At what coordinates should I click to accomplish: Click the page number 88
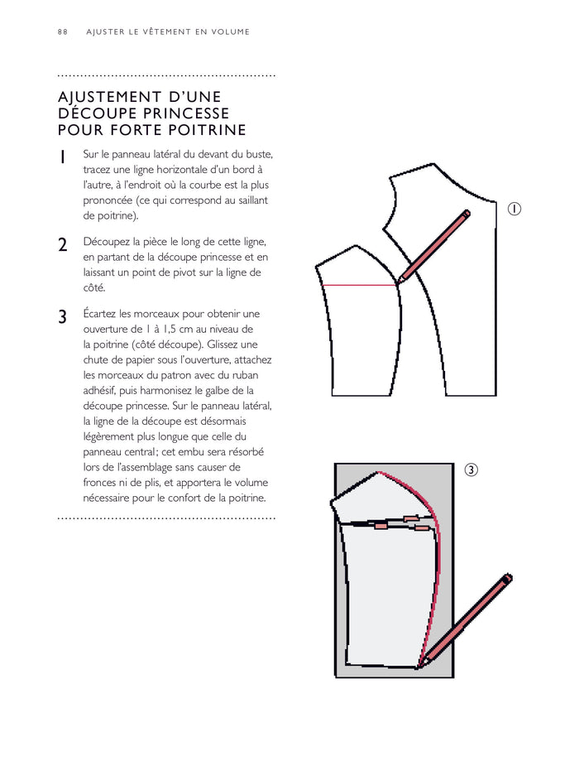pyautogui.click(x=62, y=32)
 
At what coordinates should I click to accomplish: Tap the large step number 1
pyautogui.click(x=62, y=157)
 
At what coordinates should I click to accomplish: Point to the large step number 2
pyautogui.click(x=62, y=245)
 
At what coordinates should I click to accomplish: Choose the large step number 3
pyautogui.click(x=62, y=317)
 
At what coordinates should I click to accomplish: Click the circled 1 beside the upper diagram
pyautogui.click(x=514, y=210)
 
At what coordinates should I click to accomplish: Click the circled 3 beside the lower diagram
pyautogui.click(x=471, y=470)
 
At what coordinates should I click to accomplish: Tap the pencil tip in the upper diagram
pyautogui.click(x=400, y=279)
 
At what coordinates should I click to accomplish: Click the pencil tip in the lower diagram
pyautogui.click(x=423, y=664)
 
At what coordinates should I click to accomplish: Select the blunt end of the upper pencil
pyautogui.click(x=467, y=214)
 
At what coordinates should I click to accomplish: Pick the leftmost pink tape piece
pyautogui.click(x=380, y=526)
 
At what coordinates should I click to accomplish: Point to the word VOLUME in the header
pyautogui.click(x=232, y=32)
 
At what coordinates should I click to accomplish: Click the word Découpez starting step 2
pyautogui.click(x=106, y=242)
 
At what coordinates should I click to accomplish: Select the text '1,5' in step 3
pyautogui.click(x=171, y=329)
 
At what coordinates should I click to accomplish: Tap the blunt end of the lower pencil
pyautogui.click(x=507, y=578)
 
